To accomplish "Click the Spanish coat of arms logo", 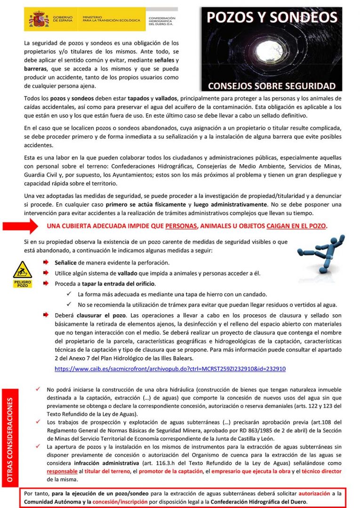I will click(39, 20).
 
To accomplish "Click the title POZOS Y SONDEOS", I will click(272, 18).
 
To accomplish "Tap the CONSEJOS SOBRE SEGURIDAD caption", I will click(272, 86).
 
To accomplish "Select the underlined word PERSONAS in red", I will click(181, 225).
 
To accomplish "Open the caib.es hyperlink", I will click(170, 369).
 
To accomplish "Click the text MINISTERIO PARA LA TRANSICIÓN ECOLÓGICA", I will click(111, 19).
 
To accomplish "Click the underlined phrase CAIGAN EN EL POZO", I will click(296, 225).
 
